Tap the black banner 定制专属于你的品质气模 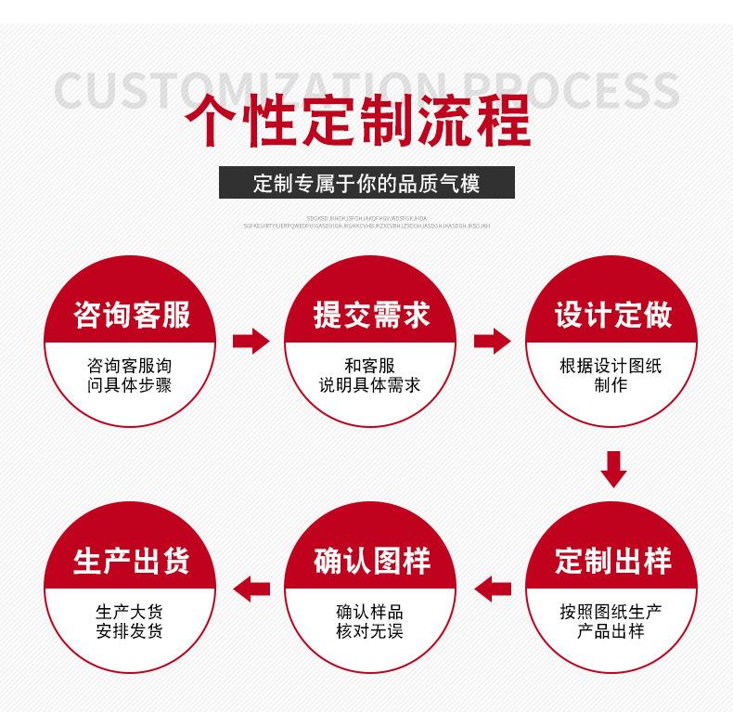pos(366,183)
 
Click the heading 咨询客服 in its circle pos(131,315)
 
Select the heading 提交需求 pos(370,315)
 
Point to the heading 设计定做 pos(612,315)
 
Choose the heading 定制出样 pos(612,561)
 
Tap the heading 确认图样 pos(370,561)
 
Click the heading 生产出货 pos(131,561)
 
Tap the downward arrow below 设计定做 pos(613,469)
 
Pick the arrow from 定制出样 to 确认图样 pos(493,588)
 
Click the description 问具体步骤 pos(131,384)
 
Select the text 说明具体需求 pos(370,384)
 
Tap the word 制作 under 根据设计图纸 pos(611,384)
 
